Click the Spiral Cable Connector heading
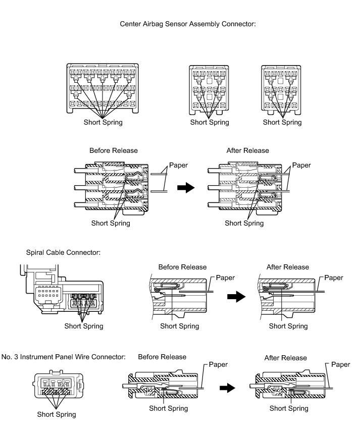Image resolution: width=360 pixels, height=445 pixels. tap(63, 252)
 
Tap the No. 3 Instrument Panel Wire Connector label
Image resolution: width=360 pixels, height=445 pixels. tap(63, 357)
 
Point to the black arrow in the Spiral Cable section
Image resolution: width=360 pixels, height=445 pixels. tap(235, 297)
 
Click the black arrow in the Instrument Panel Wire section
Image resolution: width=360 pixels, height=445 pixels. tap(228, 388)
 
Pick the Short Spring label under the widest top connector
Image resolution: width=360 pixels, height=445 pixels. tap(103, 122)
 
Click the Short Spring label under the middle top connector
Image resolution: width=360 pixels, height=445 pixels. tap(210, 122)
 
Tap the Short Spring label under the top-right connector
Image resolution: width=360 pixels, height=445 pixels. tap(282, 122)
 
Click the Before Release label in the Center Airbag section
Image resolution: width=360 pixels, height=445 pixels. tap(114, 150)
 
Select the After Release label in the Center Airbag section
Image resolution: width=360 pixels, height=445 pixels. tap(248, 150)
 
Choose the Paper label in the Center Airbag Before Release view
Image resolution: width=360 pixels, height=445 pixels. tap(178, 165)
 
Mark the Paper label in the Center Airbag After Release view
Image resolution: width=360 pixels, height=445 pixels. tap(301, 165)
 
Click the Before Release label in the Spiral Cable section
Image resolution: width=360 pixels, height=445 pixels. tap(182, 267)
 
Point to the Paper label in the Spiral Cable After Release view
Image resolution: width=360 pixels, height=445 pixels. tap(333, 277)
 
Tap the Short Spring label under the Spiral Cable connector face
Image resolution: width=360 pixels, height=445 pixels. tap(84, 326)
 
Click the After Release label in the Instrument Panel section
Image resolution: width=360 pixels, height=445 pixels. tap(285, 358)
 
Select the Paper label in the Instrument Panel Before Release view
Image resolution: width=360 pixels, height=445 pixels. tap(218, 364)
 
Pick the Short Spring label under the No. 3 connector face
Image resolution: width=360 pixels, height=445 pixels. tap(57, 414)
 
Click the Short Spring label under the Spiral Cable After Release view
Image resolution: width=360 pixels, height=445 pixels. tap(288, 326)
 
